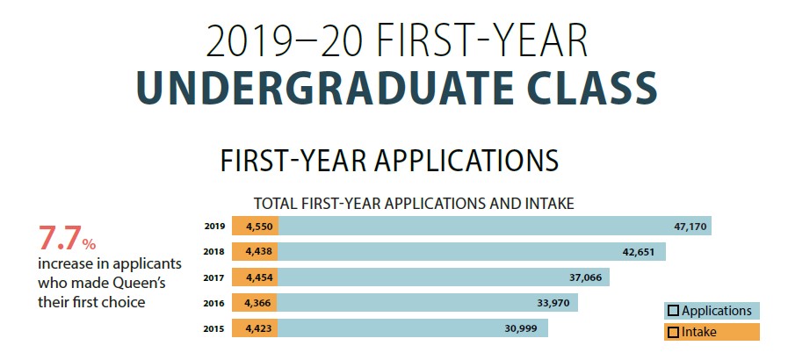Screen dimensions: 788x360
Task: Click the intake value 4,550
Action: pyautogui.click(x=259, y=227)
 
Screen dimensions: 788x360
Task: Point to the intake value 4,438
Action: pyautogui.click(x=259, y=252)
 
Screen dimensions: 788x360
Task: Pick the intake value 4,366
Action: pyautogui.click(x=259, y=303)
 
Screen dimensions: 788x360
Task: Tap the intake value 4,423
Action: pyautogui.click(x=259, y=329)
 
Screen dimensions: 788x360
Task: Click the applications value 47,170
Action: pyautogui.click(x=690, y=227)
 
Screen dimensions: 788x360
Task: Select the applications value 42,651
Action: pyautogui.click(x=639, y=252)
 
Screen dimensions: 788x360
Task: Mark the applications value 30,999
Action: pyautogui.click(x=521, y=329)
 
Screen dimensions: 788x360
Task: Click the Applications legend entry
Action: pyautogui.click(x=712, y=311)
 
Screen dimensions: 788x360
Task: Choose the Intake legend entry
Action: pyautogui.click(x=712, y=332)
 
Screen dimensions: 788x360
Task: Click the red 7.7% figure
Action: pyautogui.click(x=67, y=239)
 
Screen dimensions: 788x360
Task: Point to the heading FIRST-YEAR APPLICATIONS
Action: pyautogui.click(x=389, y=160)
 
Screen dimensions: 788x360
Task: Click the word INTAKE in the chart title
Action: pyautogui.click(x=548, y=204)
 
